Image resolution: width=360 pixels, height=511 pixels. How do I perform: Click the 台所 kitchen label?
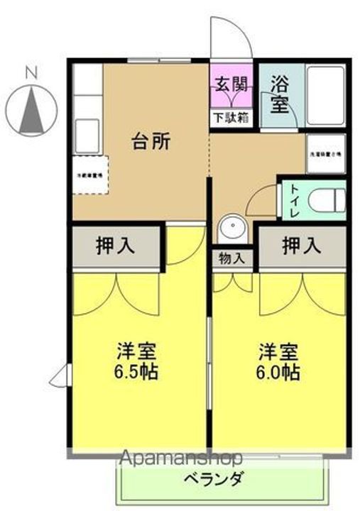click(x=151, y=141)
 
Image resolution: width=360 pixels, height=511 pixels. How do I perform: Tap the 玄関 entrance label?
click(x=230, y=84)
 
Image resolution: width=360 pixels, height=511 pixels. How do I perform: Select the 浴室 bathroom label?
click(x=279, y=94)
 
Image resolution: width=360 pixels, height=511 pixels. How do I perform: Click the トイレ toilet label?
click(x=292, y=201)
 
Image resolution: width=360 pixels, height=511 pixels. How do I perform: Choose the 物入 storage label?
click(x=231, y=257)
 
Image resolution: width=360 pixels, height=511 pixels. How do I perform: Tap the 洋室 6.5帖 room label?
click(x=136, y=362)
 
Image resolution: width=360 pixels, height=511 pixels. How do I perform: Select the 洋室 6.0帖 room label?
click(x=278, y=362)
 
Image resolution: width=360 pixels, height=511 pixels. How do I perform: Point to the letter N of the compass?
click(x=30, y=72)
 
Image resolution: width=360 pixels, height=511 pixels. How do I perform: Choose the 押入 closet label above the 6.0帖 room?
click(x=302, y=247)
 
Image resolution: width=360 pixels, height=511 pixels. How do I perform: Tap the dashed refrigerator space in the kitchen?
click(x=90, y=174)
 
